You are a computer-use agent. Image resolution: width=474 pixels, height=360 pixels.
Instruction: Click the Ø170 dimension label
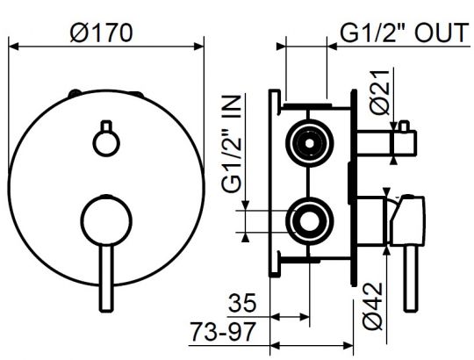(x=104, y=32)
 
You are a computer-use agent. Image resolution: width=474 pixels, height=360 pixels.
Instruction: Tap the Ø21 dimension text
(x=379, y=92)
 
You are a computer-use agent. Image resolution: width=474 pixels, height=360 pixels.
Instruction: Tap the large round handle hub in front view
(x=105, y=218)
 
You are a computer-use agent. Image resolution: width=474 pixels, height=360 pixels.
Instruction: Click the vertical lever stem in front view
(x=105, y=272)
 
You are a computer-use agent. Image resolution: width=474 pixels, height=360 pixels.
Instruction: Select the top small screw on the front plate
(x=77, y=93)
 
